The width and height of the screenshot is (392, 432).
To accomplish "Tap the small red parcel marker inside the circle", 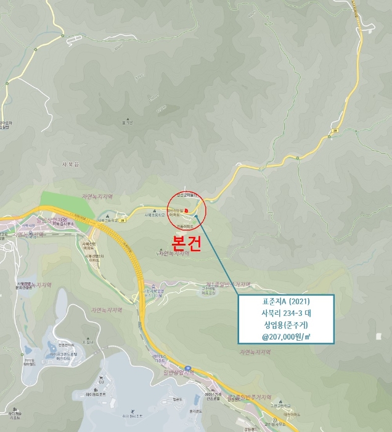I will (187, 210).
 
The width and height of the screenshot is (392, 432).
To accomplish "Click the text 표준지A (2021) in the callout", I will (286, 301).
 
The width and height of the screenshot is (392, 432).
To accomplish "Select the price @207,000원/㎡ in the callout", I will (286, 336).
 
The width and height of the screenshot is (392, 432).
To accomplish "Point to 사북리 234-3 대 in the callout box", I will (286, 313).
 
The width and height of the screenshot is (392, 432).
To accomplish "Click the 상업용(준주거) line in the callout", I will (286, 325).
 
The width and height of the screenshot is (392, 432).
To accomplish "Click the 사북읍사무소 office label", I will (63, 223).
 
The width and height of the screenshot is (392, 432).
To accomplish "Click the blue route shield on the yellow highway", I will (189, 368).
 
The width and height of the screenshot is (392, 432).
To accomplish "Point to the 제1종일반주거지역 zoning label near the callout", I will (227, 285).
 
